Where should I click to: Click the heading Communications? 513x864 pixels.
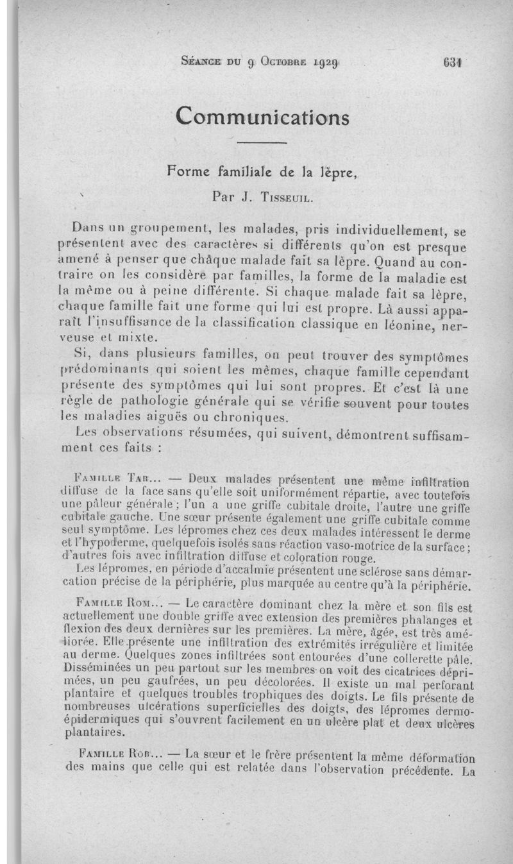[x=263, y=117]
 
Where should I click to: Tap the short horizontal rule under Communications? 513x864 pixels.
[x=263, y=142]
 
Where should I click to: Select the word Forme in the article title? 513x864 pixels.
[x=190, y=171]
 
